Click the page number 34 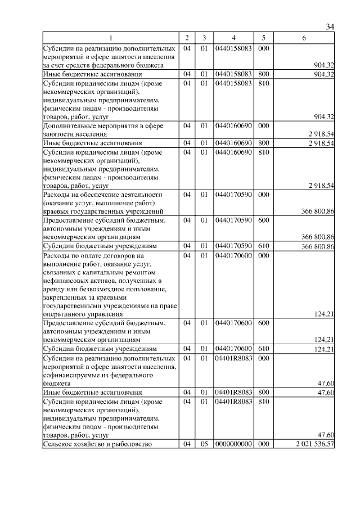[330, 27]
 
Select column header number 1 [110, 38]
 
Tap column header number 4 [233, 38]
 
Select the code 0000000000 [233, 444]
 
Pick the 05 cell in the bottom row [204, 444]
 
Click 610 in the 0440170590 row [262, 246]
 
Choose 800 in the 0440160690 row [262, 143]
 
